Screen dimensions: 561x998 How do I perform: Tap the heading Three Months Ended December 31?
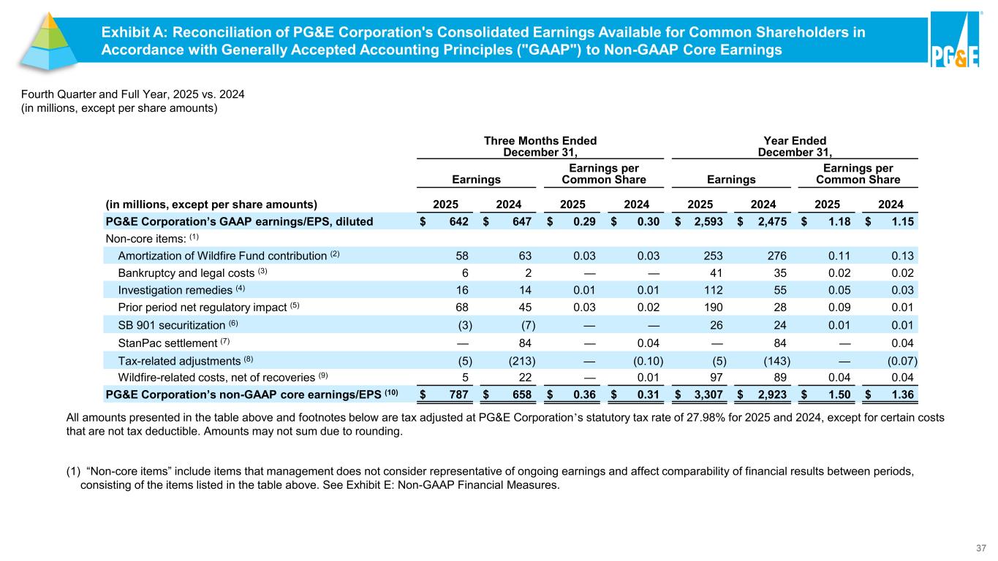[540, 146]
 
